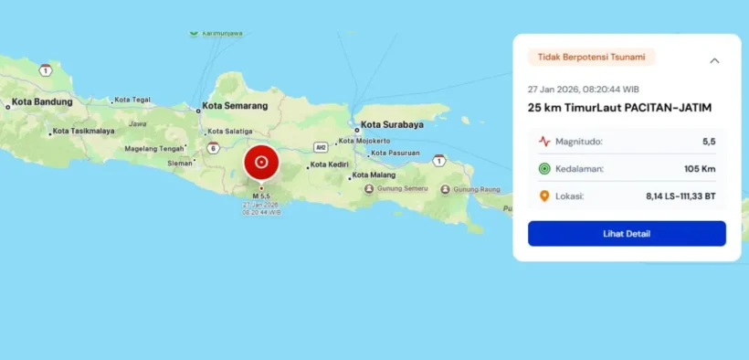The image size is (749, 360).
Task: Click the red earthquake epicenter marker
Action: point(261,163)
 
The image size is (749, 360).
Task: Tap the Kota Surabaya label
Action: point(392,124)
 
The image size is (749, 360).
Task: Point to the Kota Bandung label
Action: point(42,101)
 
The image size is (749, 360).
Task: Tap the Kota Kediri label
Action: point(330,165)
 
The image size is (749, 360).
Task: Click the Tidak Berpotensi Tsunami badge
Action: point(591,58)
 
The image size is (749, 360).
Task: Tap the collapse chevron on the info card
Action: point(714,60)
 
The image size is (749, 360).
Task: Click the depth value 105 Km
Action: point(698,169)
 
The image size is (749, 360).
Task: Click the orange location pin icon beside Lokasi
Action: point(544,196)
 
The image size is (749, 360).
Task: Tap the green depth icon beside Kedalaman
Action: point(544,169)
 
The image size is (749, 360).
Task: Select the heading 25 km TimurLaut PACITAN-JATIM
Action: point(619,108)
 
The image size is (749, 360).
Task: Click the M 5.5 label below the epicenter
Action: point(261,196)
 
